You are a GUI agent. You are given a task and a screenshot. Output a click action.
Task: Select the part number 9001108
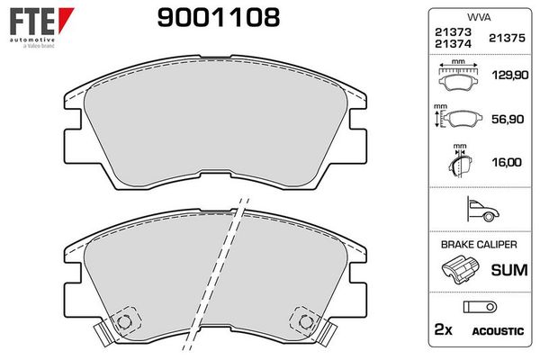[219, 17]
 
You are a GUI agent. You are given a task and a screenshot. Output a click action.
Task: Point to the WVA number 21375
[506, 37]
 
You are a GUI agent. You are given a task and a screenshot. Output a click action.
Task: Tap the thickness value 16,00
[508, 161]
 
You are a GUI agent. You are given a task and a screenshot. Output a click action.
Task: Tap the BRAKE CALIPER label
[477, 245]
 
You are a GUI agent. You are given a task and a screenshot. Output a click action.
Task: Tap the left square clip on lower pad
[124, 318]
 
